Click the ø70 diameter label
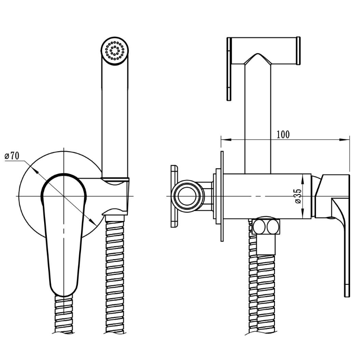coord(12,156)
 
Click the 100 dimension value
coord(283,135)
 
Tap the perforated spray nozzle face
coord(115,50)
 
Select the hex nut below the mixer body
coord(266,227)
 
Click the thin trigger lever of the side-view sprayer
coord(229,69)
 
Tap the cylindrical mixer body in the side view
coord(267,196)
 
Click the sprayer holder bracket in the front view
coord(115,196)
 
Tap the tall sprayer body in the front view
coord(115,108)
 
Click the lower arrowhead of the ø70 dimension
coord(93,221)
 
